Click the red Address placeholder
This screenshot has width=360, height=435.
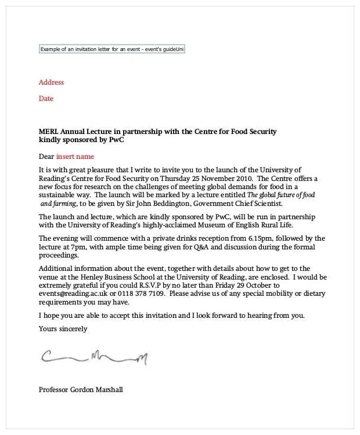coord(51,82)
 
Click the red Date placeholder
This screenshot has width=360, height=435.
coord(46,99)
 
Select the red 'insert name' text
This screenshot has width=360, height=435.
coord(75,157)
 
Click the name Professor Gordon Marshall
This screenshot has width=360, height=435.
coord(81,389)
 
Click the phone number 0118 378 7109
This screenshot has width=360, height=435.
coord(141,294)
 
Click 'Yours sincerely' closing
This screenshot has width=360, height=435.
coord(63,329)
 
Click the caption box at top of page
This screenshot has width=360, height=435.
coord(111,49)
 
